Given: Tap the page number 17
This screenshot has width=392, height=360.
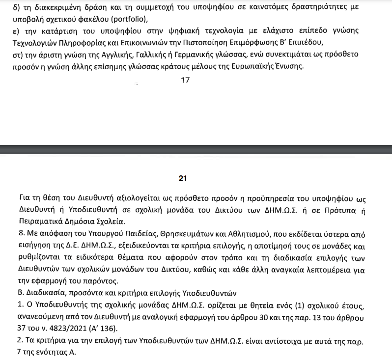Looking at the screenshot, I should tap(185, 80).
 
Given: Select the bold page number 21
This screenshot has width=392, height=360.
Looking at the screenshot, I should tap(182, 179).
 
